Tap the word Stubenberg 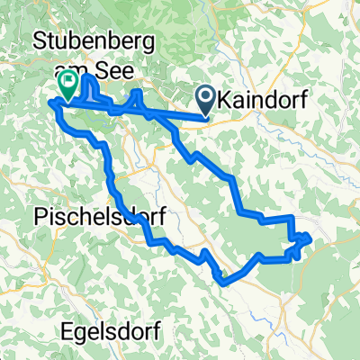(93, 40)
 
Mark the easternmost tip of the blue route (310, 238)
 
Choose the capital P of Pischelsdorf (40, 216)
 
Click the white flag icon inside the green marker (68, 81)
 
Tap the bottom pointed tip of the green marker (68, 99)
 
